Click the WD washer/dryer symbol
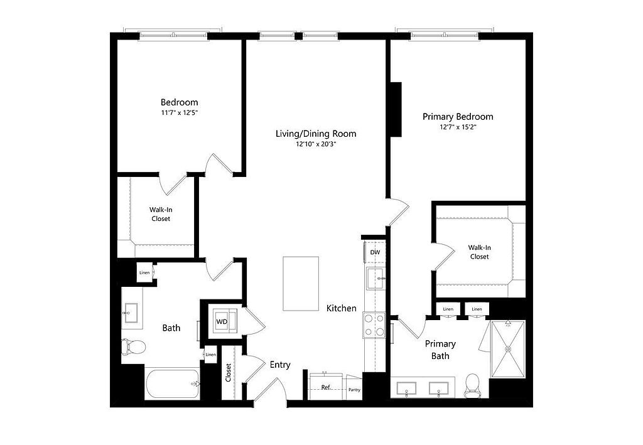click(x=222, y=321)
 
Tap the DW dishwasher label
click(x=375, y=252)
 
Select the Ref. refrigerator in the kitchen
click(x=326, y=387)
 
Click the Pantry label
click(x=354, y=390)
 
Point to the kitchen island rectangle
click(x=301, y=284)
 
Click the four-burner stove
click(x=374, y=325)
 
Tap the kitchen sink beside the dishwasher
click(x=376, y=278)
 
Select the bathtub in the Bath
click(x=172, y=384)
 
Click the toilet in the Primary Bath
click(x=472, y=386)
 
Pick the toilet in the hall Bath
click(x=134, y=346)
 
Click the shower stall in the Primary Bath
click(x=508, y=349)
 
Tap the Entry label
click(x=280, y=365)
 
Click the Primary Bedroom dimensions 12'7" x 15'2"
click(x=458, y=127)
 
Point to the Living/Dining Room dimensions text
click(x=316, y=144)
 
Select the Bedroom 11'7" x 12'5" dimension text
click(x=179, y=112)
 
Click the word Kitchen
click(x=341, y=308)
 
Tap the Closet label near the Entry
click(x=228, y=373)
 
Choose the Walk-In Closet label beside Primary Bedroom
click(x=479, y=252)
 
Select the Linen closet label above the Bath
click(x=144, y=272)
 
